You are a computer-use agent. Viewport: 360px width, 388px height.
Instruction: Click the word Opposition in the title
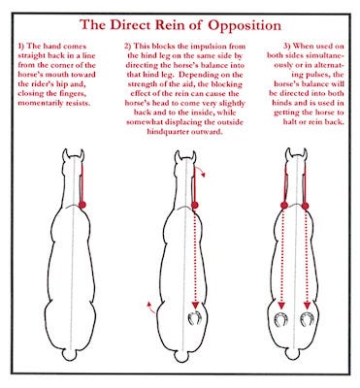click(245, 25)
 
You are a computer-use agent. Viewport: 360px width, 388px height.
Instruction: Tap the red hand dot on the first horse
click(82, 205)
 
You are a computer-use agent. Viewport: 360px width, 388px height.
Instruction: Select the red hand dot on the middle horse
click(195, 205)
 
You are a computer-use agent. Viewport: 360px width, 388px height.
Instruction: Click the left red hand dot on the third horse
click(284, 205)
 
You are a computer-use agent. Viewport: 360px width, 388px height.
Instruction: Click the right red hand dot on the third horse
click(305, 206)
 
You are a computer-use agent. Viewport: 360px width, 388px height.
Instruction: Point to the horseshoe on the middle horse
click(195, 317)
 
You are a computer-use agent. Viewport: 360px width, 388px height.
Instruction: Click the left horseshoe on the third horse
click(280, 319)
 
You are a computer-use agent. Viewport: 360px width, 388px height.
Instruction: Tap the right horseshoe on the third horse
click(307, 319)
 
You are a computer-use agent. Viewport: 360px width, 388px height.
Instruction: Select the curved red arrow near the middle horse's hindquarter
click(150, 307)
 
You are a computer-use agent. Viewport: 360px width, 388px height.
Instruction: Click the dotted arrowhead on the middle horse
click(195, 306)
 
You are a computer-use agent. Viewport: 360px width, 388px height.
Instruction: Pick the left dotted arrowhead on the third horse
click(281, 306)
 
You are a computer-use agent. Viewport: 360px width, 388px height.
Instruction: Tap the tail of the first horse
click(70, 355)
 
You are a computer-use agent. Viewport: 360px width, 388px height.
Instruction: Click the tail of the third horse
click(294, 354)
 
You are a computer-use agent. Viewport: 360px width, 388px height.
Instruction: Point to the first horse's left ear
click(65, 154)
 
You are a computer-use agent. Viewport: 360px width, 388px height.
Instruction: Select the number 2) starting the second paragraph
click(128, 47)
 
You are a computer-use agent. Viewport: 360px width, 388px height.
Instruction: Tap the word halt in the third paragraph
click(289, 122)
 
